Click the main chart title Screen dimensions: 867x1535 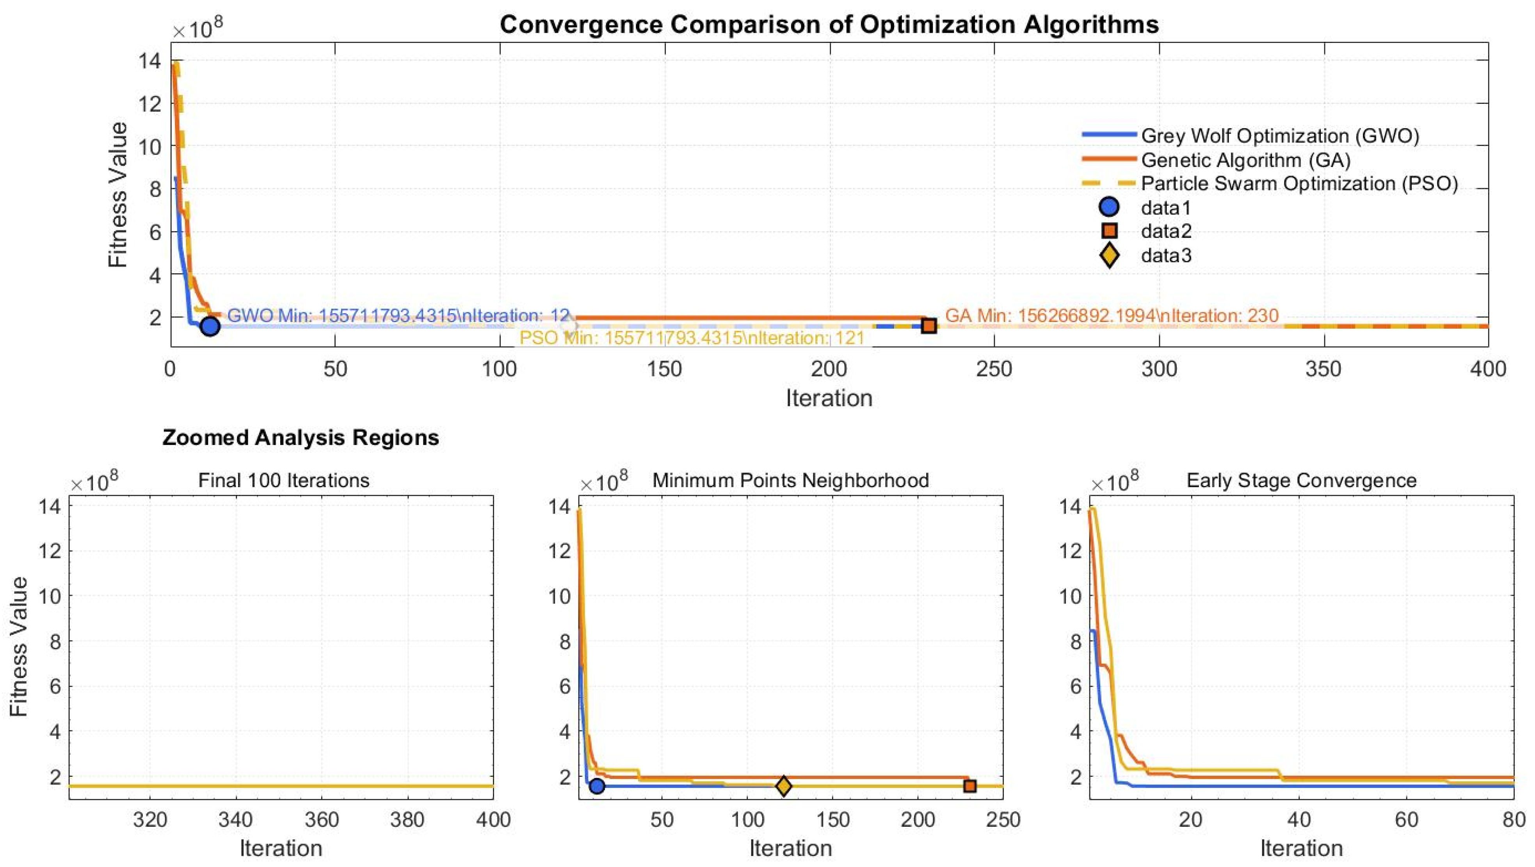(829, 25)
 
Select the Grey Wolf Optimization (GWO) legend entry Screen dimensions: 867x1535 (1279, 136)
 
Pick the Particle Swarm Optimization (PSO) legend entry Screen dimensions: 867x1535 (1299, 183)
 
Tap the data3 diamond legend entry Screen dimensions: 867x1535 (1165, 256)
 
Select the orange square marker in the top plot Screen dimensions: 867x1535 (928, 325)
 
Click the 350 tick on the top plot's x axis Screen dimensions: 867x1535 (1323, 369)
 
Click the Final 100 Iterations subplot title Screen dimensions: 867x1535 (284, 480)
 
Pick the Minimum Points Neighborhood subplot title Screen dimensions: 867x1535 (790, 480)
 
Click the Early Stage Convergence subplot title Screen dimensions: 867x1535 (1301, 480)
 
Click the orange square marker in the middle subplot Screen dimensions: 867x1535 (969, 786)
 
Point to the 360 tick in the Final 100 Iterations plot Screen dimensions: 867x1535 (322, 820)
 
